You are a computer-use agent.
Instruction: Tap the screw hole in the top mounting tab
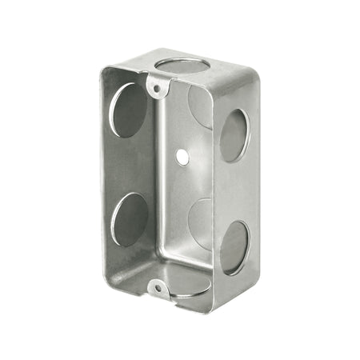click(x=157, y=85)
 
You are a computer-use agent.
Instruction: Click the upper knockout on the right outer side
click(x=234, y=135)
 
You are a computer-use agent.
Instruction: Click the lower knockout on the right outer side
click(x=234, y=247)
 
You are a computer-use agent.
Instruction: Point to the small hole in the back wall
click(x=183, y=158)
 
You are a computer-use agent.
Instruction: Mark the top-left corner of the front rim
click(x=104, y=70)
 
